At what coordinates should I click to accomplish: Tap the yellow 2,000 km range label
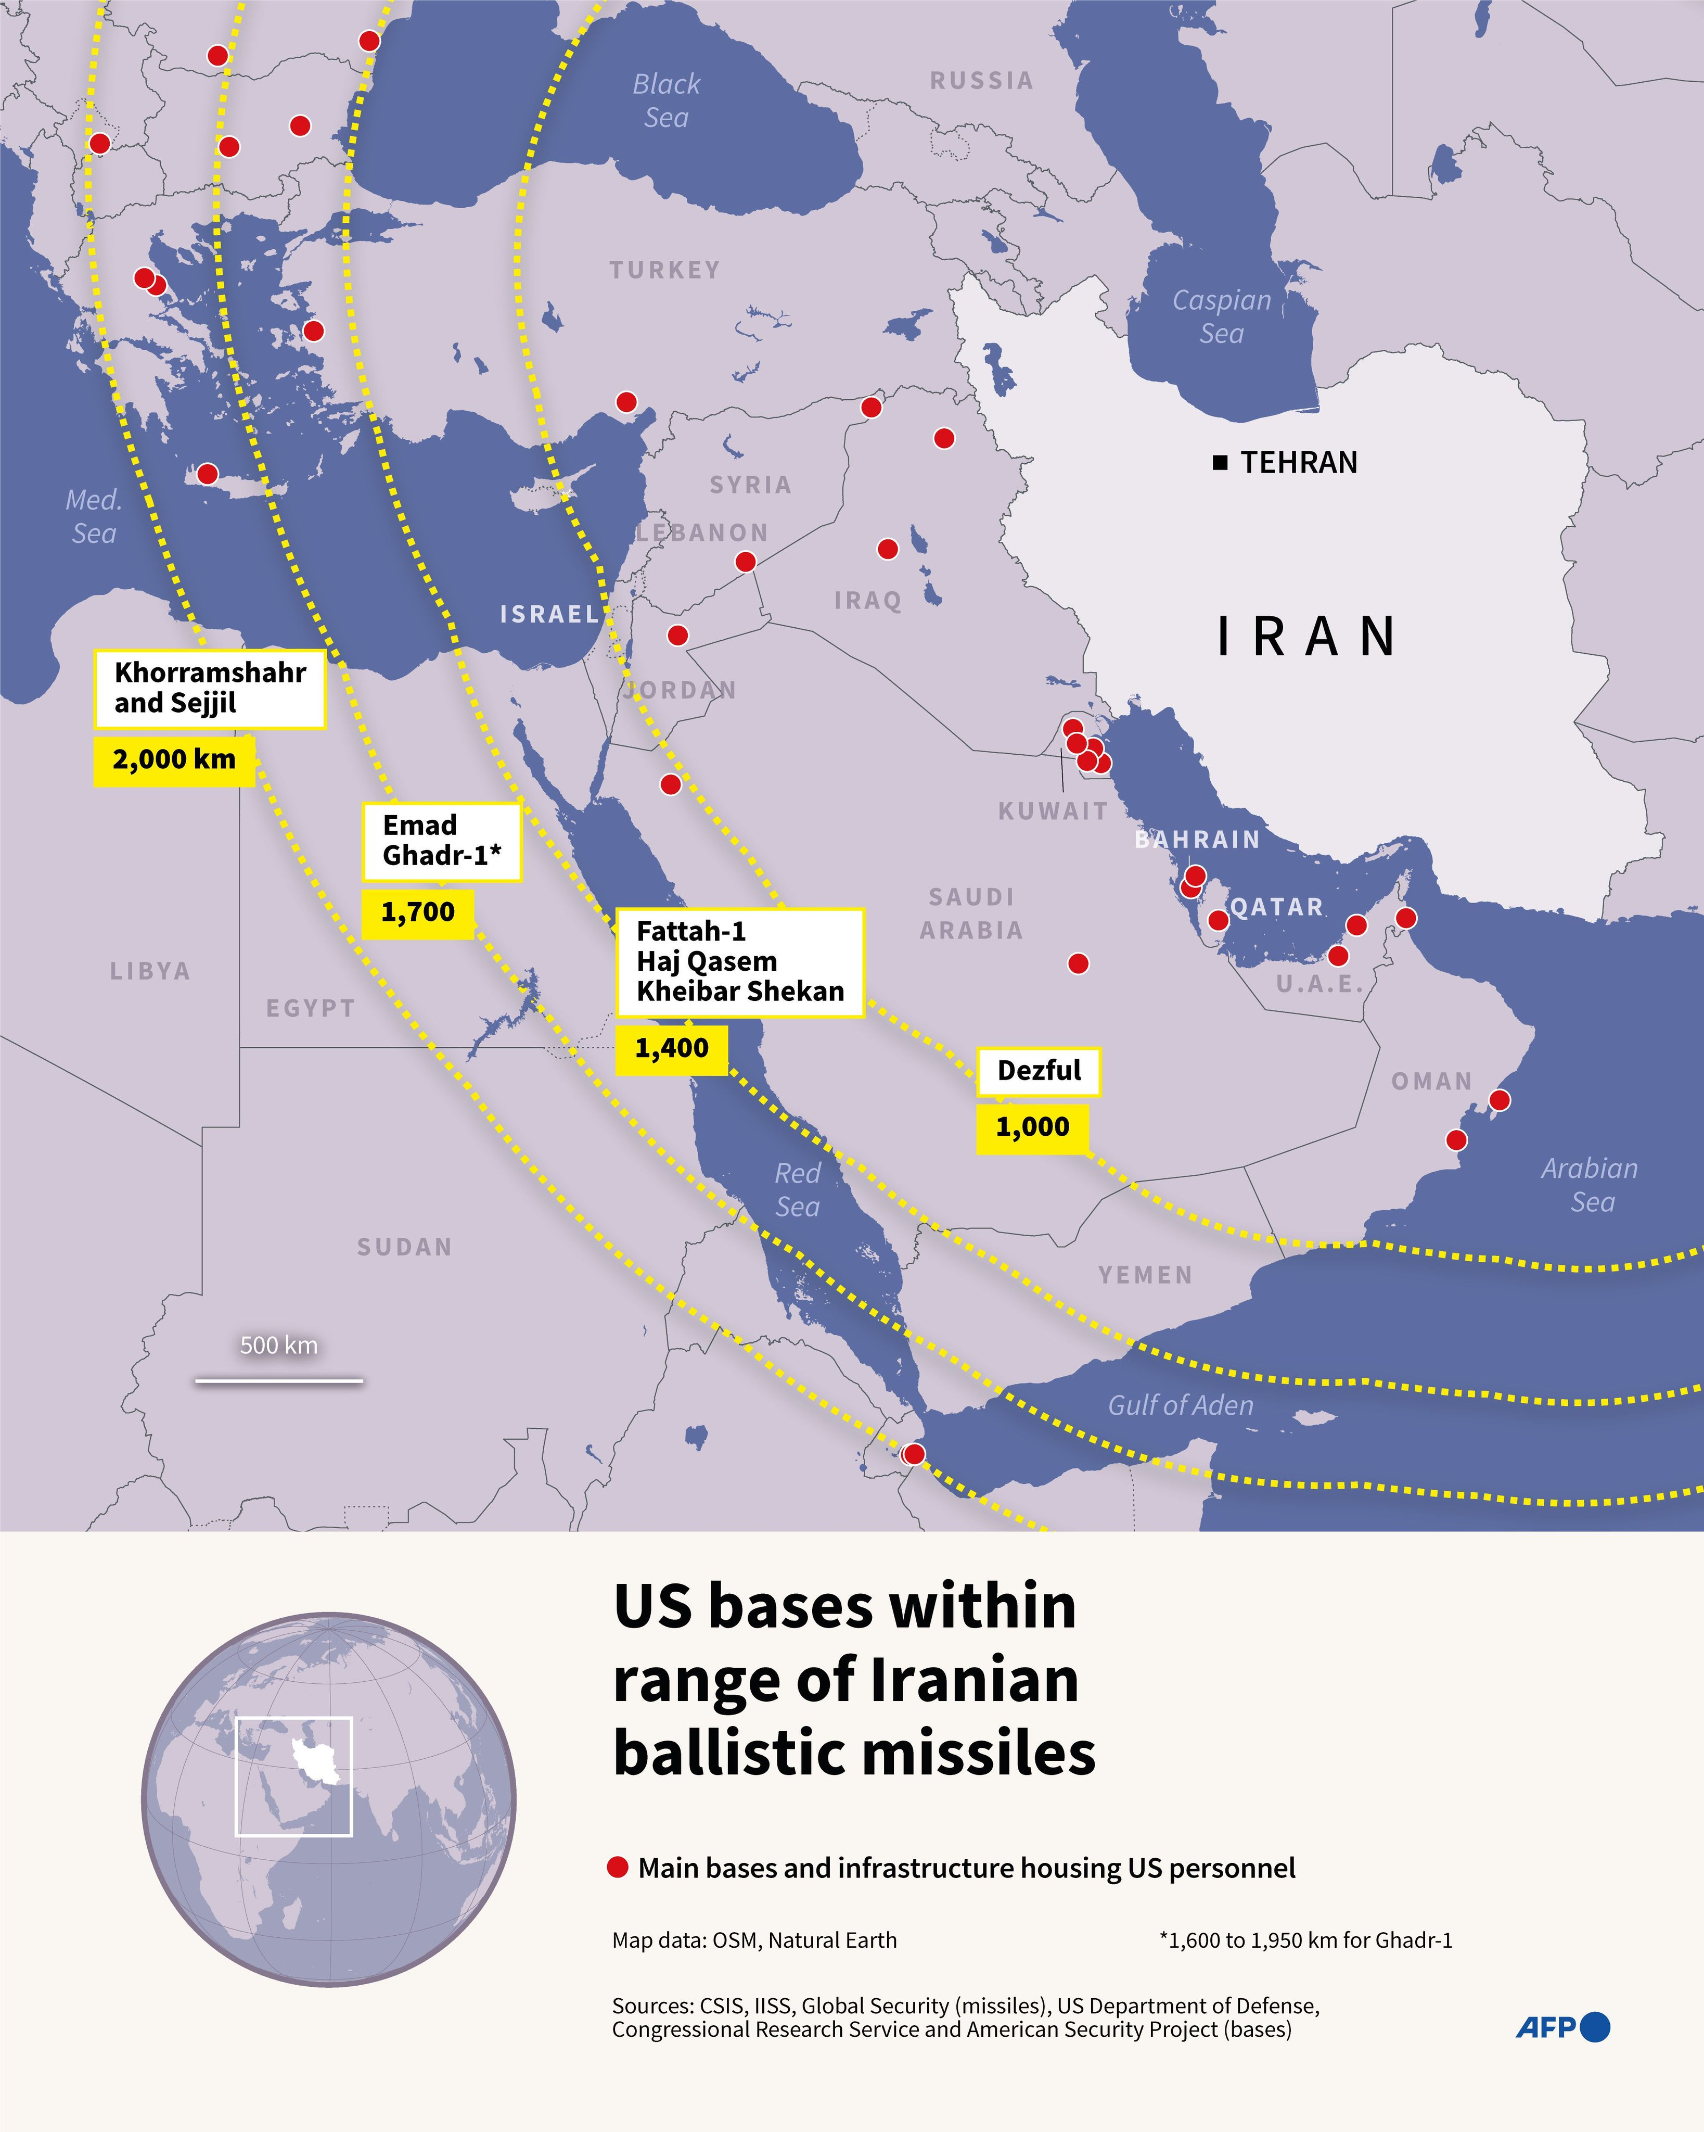[174, 759]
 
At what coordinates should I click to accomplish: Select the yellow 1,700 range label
[417, 912]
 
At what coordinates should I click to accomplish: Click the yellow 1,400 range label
[671, 1048]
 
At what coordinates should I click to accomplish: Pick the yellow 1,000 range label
[1032, 1126]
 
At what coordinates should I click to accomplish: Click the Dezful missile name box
[1039, 1071]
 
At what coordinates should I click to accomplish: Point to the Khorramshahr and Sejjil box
[210, 688]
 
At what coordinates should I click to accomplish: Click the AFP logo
[1561, 2027]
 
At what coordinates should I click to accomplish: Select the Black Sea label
[666, 100]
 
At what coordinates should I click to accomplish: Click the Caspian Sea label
[1222, 316]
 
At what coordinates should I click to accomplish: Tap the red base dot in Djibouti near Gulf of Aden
[914, 1454]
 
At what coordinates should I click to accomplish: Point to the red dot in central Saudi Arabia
[1079, 963]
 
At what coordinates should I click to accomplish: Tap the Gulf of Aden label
[1180, 1405]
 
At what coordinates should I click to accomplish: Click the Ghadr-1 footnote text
[1305, 1939]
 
